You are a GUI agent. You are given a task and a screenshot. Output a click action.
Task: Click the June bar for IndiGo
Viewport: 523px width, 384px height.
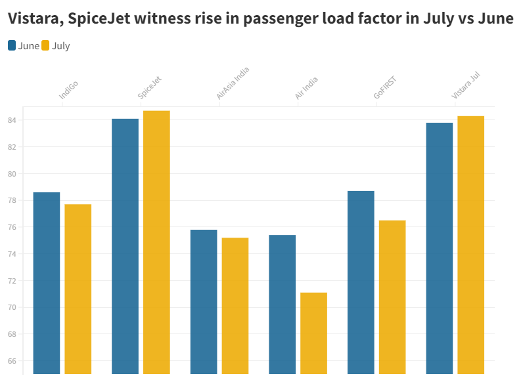[46, 283]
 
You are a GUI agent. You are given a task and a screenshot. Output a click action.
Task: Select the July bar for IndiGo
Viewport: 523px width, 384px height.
[78, 289]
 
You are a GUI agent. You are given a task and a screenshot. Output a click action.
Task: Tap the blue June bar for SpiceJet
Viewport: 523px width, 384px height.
[125, 246]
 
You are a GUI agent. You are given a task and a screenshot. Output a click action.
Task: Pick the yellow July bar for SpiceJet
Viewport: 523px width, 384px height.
[156, 242]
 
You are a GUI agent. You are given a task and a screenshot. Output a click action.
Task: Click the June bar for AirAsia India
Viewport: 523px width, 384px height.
[204, 302]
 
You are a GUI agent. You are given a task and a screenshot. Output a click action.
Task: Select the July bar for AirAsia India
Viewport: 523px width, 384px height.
[235, 306]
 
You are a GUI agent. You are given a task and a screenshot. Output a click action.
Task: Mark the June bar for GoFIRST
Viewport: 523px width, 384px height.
[361, 282]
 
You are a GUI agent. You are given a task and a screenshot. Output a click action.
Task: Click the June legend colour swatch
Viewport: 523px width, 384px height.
[12, 45]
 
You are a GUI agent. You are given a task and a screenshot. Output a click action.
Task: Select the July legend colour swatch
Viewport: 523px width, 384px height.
[45, 45]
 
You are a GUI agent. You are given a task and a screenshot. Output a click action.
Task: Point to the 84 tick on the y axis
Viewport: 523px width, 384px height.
[13, 120]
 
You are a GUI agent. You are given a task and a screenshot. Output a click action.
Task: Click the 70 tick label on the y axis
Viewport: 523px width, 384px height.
[13, 307]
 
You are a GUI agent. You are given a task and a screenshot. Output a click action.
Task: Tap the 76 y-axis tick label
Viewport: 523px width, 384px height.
[13, 227]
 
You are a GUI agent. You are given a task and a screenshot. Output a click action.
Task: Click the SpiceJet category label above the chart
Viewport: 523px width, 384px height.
[150, 88]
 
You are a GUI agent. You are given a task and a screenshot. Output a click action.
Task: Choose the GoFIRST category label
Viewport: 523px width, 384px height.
[385, 87]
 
